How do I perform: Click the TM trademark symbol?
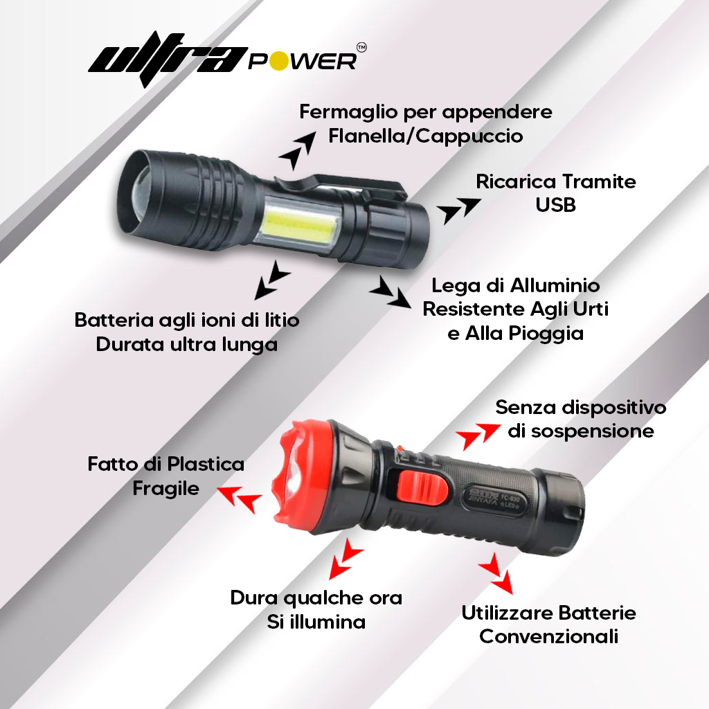(361, 47)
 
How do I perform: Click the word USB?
(555, 205)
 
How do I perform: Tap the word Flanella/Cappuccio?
(426, 136)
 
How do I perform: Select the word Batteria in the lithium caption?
(114, 321)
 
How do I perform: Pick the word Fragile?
(165, 488)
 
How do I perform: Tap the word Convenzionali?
(548, 636)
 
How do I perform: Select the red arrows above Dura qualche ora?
(345, 558)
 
